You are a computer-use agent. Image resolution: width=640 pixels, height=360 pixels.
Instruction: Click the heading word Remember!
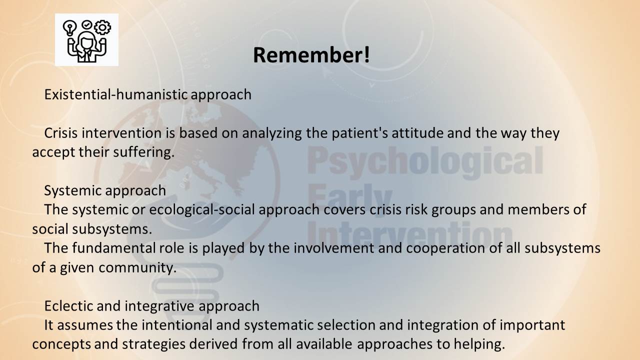pos(311,55)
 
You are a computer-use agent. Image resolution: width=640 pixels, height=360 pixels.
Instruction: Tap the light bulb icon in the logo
pos(69,27)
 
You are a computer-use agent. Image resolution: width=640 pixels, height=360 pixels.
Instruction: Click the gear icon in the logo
pos(102,27)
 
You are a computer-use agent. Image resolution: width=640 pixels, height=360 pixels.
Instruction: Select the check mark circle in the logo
pos(86,24)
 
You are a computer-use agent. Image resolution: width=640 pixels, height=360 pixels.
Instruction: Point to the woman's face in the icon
pos(86,42)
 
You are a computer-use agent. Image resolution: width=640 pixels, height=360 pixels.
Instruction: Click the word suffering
pos(143,152)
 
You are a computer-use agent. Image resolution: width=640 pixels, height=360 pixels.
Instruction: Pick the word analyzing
pos(272,133)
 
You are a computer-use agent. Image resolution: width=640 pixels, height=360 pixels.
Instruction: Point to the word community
pos(137,267)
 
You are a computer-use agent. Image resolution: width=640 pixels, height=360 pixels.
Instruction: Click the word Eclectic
pos(68,306)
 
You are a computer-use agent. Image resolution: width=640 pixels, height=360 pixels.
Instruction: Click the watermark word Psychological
pos(425,161)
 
